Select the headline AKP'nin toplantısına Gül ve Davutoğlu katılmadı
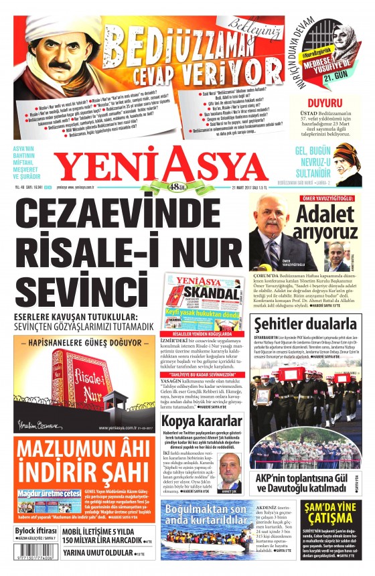coord(304,482)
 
